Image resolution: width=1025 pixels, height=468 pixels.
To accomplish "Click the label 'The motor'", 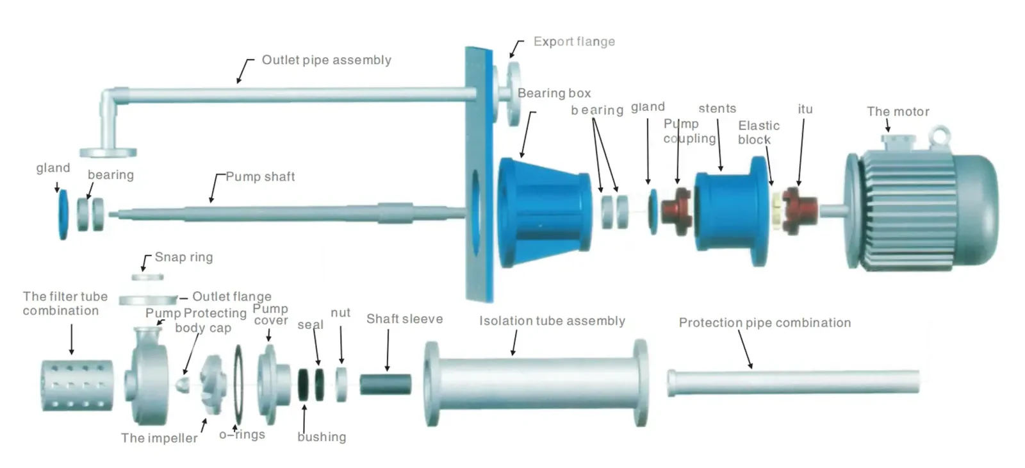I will pyautogui.click(x=898, y=112).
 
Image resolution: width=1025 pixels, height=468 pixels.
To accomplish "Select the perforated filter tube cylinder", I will pyautogui.click(x=76, y=385).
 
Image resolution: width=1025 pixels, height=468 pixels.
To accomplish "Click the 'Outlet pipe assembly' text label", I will pyautogui.click(x=326, y=60).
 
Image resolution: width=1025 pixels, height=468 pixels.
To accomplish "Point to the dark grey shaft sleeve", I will pyautogui.click(x=384, y=383).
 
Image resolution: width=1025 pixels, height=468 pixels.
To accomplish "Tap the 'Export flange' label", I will pyautogui.click(x=574, y=42).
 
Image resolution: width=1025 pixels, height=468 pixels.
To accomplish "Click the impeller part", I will pyautogui.click(x=212, y=385).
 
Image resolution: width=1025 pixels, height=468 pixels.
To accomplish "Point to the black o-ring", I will pyautogui.click(x=238, y=385).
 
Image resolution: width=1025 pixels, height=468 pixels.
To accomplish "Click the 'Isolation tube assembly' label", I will pyautogui.click(x=552, y=321).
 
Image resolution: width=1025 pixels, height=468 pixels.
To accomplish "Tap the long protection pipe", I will pyautogui.click(x=794, y=382).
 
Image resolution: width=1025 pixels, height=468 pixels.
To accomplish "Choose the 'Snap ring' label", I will pyautogui.click(x=183, y=257).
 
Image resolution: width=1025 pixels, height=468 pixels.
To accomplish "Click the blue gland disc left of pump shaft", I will pyautogui.click(x=63, y=214).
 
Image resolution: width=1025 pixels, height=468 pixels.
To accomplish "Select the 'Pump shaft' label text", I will pyautogui.click(x=260, y=176).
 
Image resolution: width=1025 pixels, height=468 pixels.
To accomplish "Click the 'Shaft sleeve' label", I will pyautogui.click(x=404, y=319).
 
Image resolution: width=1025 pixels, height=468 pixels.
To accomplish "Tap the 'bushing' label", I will pyautogui.click(x=322, y=437).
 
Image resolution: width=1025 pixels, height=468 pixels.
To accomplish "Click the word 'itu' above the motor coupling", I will pyautogui.click(x=805, y=109).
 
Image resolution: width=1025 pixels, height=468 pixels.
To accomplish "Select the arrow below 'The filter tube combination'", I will pyautogui.click(x=71, y=338).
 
